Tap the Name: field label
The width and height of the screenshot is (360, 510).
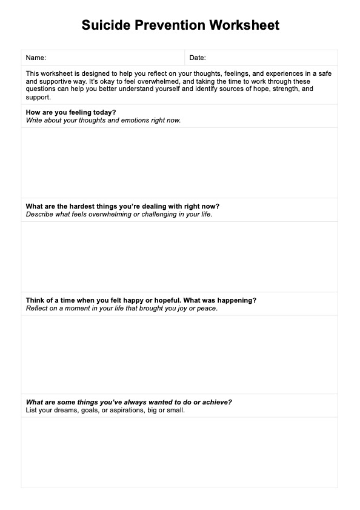point(36,58)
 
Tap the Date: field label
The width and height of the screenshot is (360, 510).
point(198,58)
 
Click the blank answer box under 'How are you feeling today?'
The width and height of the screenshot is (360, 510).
point(179,162)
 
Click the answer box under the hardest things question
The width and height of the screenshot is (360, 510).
point(179,257)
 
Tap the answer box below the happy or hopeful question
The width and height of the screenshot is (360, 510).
point(179,354)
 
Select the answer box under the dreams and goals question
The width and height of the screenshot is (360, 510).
point(179,452)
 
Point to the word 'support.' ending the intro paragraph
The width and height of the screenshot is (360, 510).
point(39,97)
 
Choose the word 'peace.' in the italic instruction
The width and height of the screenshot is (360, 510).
point(207,308)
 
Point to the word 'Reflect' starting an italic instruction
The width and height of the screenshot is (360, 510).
point(37,308)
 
